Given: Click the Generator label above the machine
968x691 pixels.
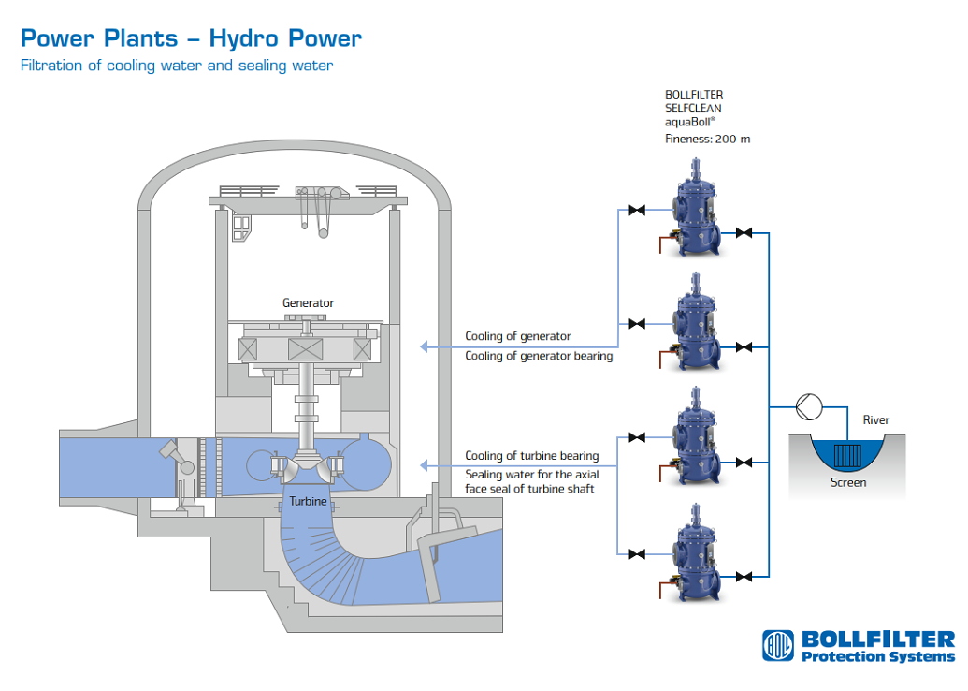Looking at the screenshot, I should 308,302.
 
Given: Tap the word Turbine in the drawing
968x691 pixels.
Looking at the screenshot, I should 308,501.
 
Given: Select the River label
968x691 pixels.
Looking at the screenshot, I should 876,420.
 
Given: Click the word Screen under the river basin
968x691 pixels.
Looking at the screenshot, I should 848,483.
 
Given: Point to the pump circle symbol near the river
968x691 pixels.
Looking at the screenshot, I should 806,406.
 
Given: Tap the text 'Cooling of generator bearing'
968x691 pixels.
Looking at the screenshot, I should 539,356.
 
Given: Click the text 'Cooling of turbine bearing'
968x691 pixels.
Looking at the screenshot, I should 531,456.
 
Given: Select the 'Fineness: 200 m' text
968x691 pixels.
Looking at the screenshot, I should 707,140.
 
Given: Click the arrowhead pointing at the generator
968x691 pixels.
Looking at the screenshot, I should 425,346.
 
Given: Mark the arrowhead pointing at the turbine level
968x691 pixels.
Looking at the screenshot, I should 425,465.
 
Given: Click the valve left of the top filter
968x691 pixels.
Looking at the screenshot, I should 637,211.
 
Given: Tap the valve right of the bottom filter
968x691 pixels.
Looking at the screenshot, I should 744,575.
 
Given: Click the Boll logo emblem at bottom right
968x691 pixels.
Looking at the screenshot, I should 777,645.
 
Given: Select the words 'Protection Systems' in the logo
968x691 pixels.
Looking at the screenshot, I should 878,656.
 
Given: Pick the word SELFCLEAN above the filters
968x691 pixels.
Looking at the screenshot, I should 693,108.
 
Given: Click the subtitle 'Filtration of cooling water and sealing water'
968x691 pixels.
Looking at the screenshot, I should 177,66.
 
